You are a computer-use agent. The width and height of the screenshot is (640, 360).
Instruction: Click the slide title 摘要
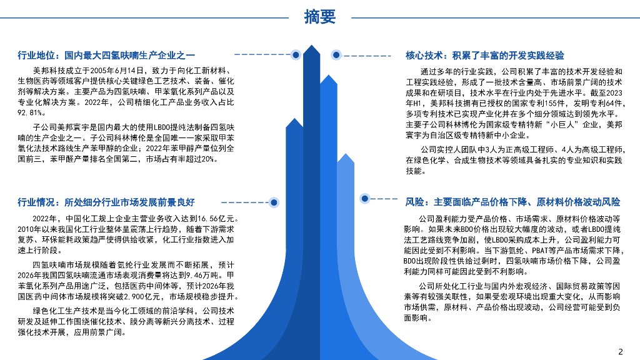pos(319,17)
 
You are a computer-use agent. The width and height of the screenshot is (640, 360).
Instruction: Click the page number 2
pos(620,351)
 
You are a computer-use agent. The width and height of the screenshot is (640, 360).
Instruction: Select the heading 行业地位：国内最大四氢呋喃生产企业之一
pos(106,55)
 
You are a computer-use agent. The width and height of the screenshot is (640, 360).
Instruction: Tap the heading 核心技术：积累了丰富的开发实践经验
pos(484,55)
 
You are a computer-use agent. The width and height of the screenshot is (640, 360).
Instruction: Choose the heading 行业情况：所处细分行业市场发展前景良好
pos(106,202)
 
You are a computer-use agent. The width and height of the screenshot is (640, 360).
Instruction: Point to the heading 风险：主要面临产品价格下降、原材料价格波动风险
pos(512,202)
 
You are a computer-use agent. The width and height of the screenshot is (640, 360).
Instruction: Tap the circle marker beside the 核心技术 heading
pos(336,55)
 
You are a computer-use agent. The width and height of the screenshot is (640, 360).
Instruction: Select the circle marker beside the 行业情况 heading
pos(273,202)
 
